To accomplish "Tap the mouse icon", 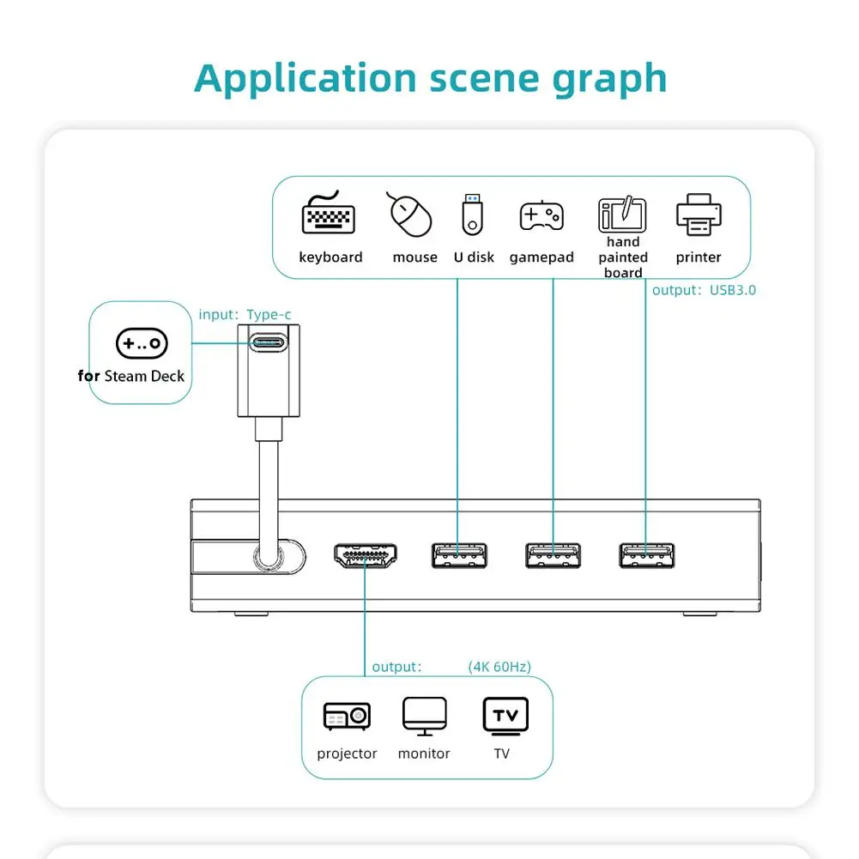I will pos(411,215).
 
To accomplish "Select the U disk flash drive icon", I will pos(474,215).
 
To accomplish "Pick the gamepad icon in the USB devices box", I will pos(541,215).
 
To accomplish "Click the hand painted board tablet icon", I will pos(622,215).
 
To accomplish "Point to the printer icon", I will pos(699,215).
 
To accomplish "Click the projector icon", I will pos(347,716).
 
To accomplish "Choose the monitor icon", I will pos(425,716).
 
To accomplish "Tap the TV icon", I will pos(505,717).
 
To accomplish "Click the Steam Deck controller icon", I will pos(142,343).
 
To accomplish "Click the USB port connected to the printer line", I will pos(645,555).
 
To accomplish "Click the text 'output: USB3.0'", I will pos(704,290).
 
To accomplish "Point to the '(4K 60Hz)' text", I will pos(499,667).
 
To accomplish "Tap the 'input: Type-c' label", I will pos(245,315).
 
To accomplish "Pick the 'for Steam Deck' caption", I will pos(130,376).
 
